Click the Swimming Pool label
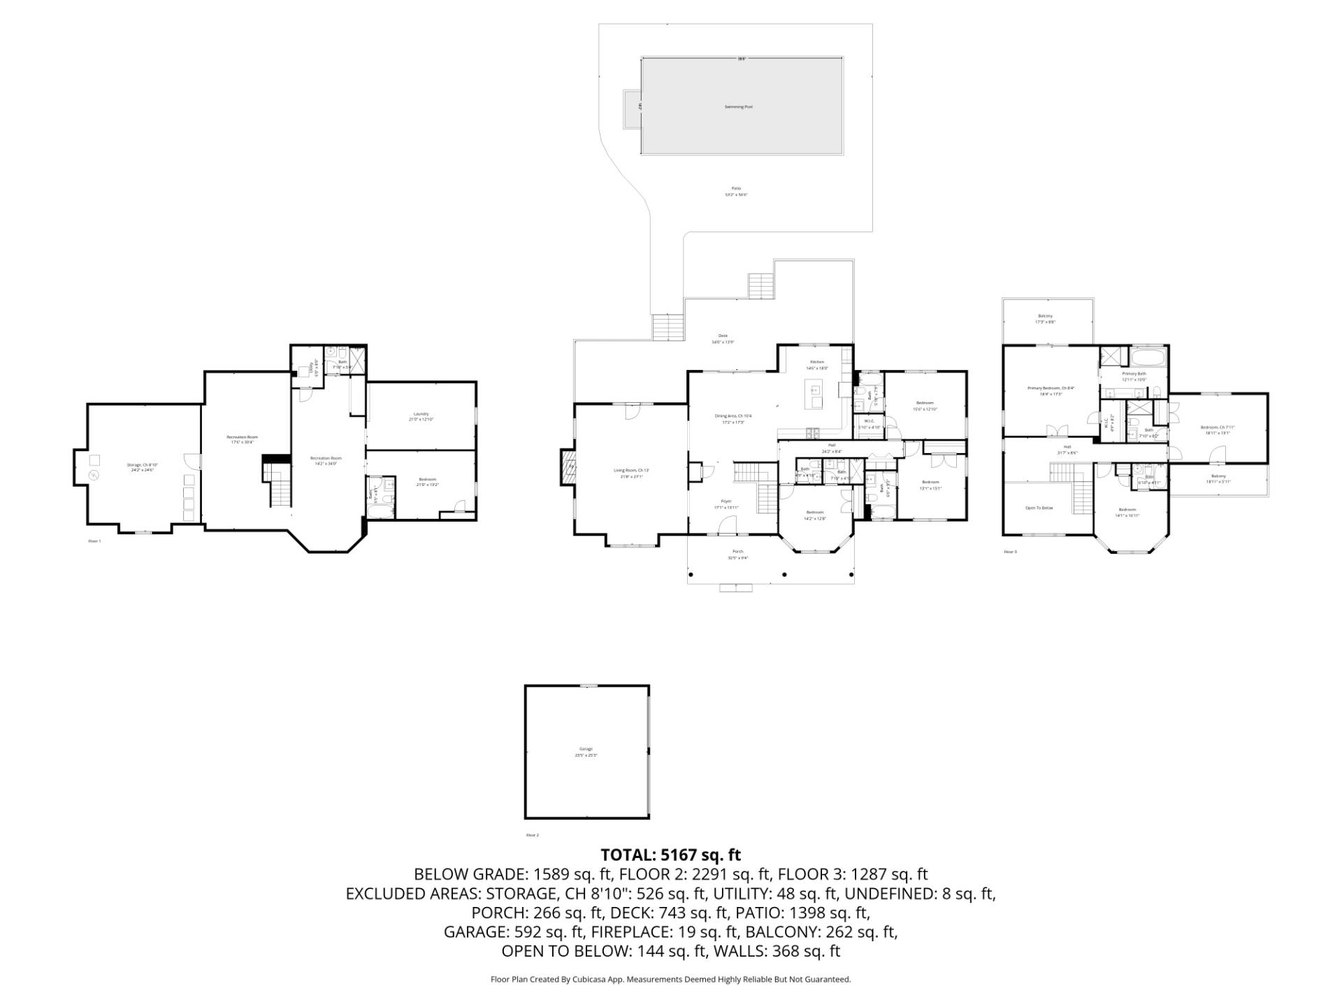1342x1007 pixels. click(738, 107)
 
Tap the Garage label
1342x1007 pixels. click(586, 750)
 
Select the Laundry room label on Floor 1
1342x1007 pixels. click(421, 414)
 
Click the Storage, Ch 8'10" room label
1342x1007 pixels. click(142, 465)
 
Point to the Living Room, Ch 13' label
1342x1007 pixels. click(632, 471)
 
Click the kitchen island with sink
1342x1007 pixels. click(814, 397)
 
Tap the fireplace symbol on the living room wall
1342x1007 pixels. click(566, 467)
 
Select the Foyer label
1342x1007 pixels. click(726, 501)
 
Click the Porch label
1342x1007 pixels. click(737, 552)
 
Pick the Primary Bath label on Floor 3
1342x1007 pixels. click(1134, 374)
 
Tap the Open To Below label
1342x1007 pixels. click(1039, 508)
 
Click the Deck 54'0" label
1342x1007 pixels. click(723, 336)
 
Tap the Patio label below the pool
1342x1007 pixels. click(735, 189)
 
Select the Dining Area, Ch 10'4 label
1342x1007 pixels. click(733, 416)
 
